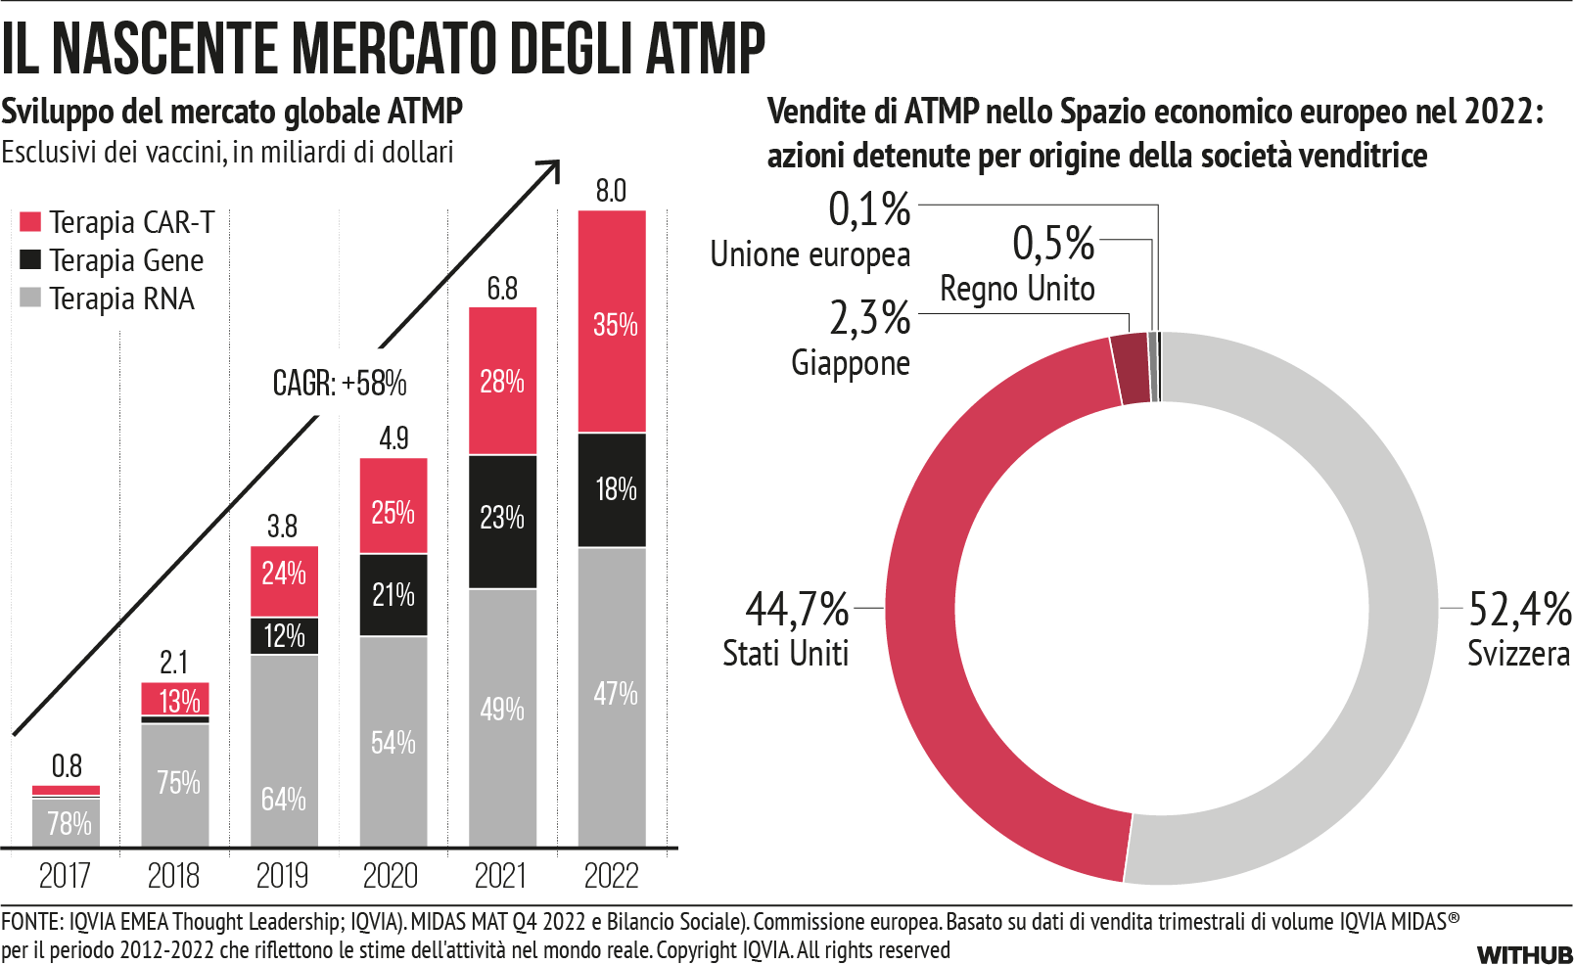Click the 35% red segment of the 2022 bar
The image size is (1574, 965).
point(612,322)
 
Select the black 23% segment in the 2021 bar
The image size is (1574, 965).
point(502,520)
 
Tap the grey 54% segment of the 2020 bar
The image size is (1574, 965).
point(393,741)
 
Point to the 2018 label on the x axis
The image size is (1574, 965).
point(173,875)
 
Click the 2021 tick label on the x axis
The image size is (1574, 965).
point(500,875)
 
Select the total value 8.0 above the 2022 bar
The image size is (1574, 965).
point(611,191)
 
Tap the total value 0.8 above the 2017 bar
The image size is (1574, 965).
point(67,765)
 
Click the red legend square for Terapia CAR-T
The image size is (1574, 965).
point(30,222)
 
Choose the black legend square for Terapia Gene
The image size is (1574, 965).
point(30,259)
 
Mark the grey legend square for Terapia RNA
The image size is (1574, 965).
point(30,298)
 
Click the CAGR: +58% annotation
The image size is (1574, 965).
point(340,383)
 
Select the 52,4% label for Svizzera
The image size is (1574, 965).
point(1519,609)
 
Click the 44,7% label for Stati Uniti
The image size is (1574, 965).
point(797,609)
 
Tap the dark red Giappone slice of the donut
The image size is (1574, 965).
point(1131,369)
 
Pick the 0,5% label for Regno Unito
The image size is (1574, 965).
point(1053,243)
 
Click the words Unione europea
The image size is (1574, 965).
point(810,254)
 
